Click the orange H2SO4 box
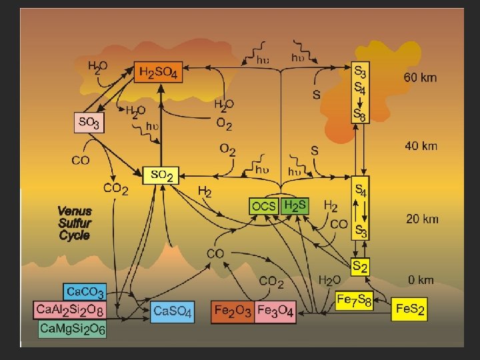point(159,72)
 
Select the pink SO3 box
point(89,123)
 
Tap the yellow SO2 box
point(161,175)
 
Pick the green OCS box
point(264,206)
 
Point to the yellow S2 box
point(359,267)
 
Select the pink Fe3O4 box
point(275,311)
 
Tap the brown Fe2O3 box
point(232,311)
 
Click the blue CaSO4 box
point(173,311)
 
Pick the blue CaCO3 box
point(84,292)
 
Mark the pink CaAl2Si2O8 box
point(70,310)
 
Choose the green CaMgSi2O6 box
point(72,329)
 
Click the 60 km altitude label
point(421,77)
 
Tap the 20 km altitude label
point(422,219)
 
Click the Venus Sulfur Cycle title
point(75,223)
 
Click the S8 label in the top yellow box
point(360,115)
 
